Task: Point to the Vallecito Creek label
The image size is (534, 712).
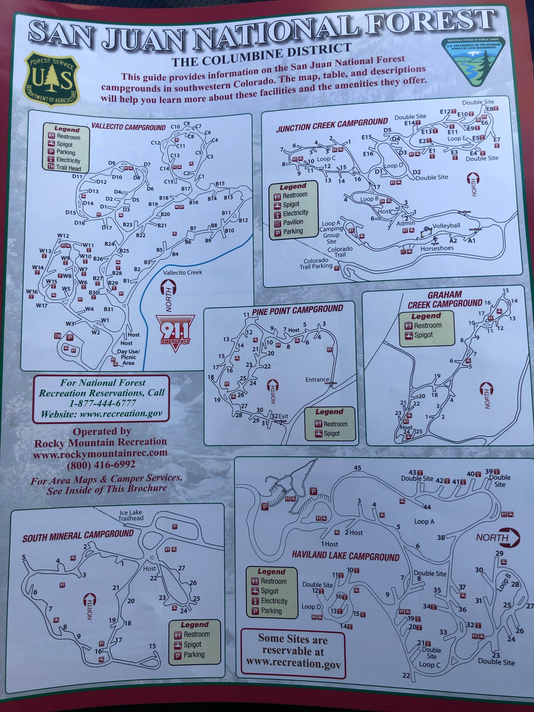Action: coord(183,272)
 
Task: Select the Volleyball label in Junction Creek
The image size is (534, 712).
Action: coord(446,226)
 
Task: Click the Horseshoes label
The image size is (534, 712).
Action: coord(437,248)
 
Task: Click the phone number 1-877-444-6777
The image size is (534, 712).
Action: coord(102,403)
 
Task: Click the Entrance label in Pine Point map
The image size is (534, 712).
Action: coord(317,379)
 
